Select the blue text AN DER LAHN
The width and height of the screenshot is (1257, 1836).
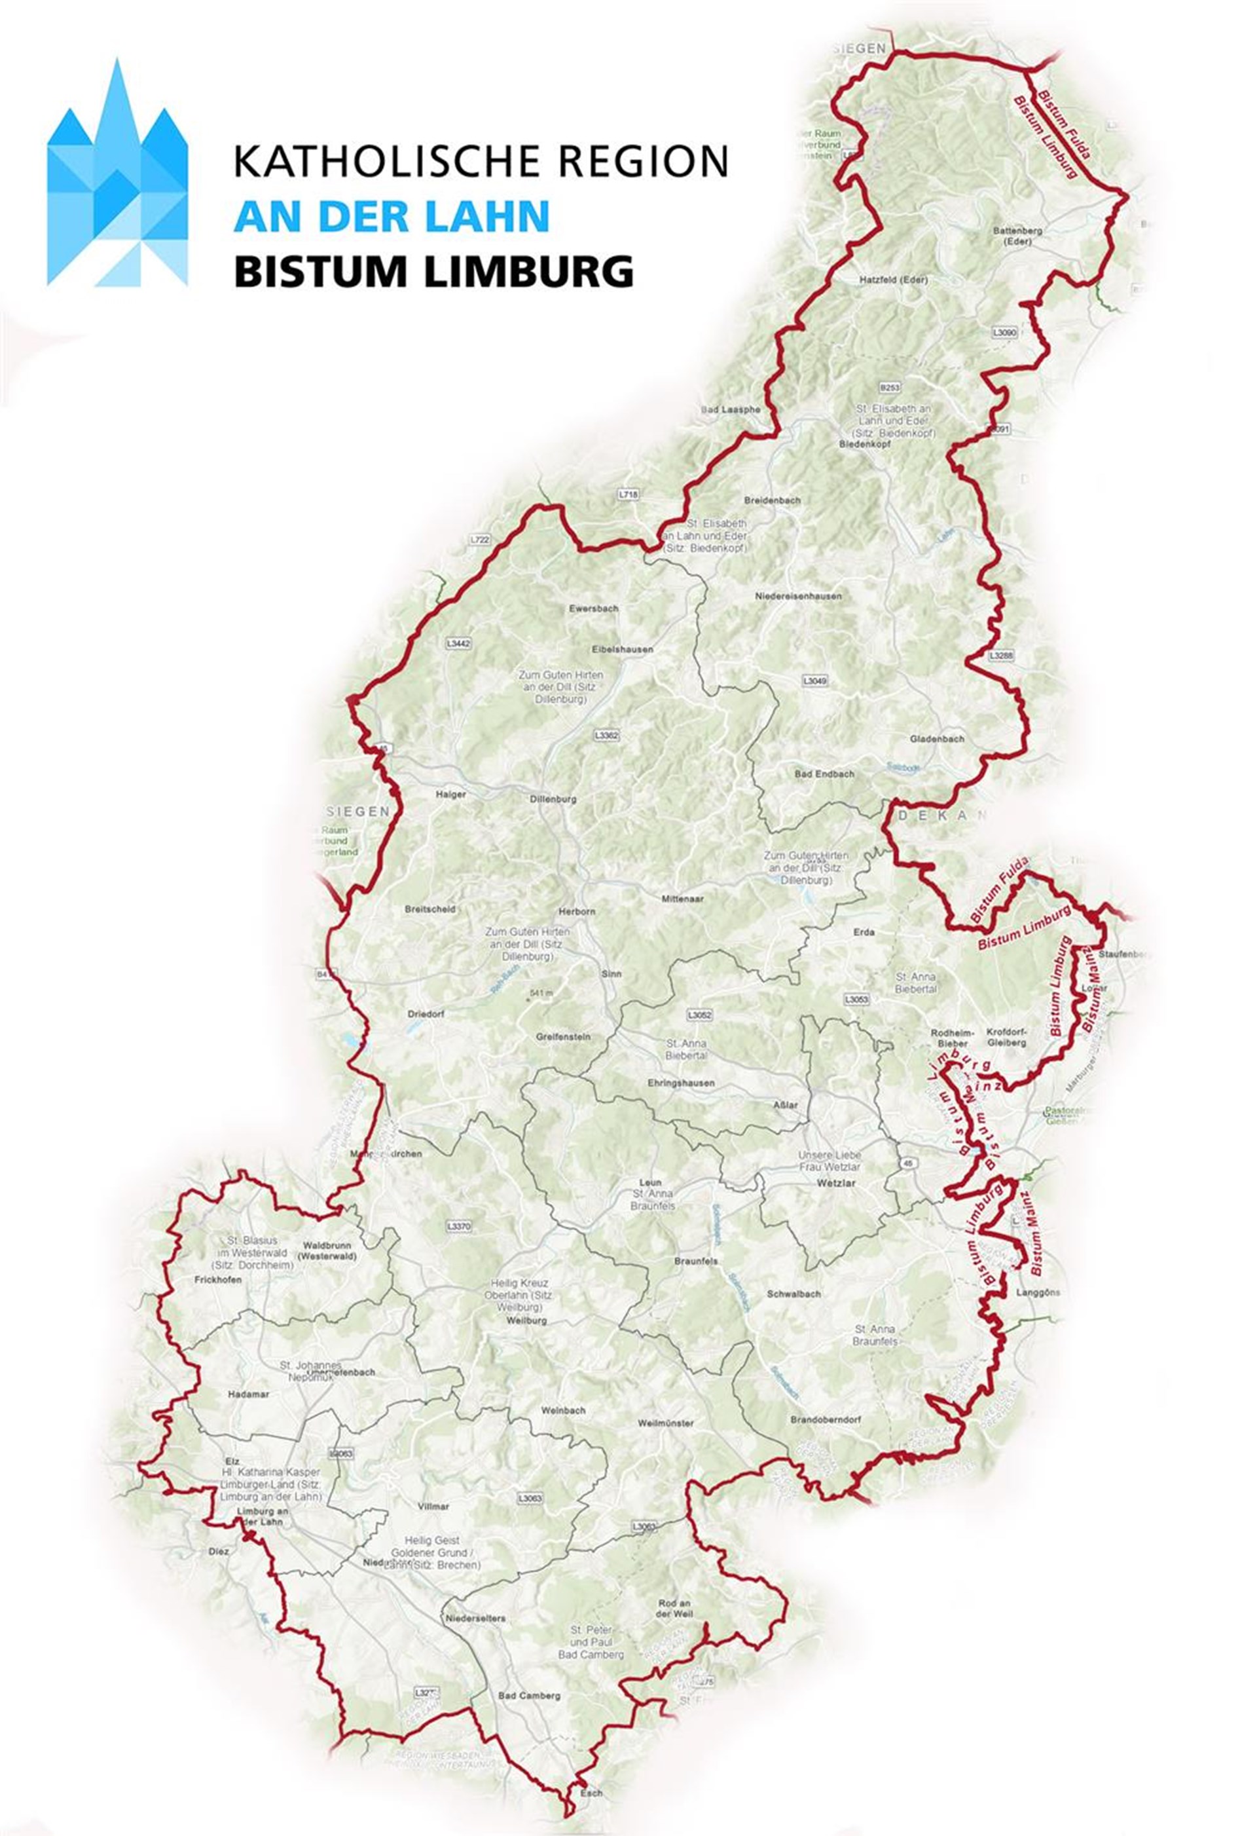392,215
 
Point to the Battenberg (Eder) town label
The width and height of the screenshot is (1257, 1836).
1017,235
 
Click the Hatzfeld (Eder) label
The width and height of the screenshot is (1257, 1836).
893,280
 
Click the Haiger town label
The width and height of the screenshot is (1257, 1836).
451,794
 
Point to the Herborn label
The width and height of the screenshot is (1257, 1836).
576,911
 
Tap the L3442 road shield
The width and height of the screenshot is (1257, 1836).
458,644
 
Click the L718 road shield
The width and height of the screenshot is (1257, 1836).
628,494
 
